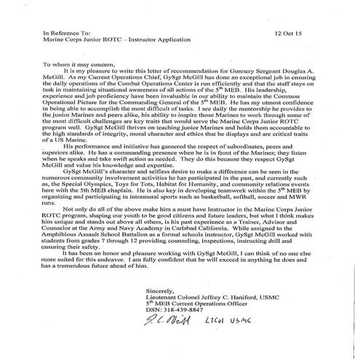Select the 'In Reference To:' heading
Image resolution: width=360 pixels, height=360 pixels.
click(x=65, y=33)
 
